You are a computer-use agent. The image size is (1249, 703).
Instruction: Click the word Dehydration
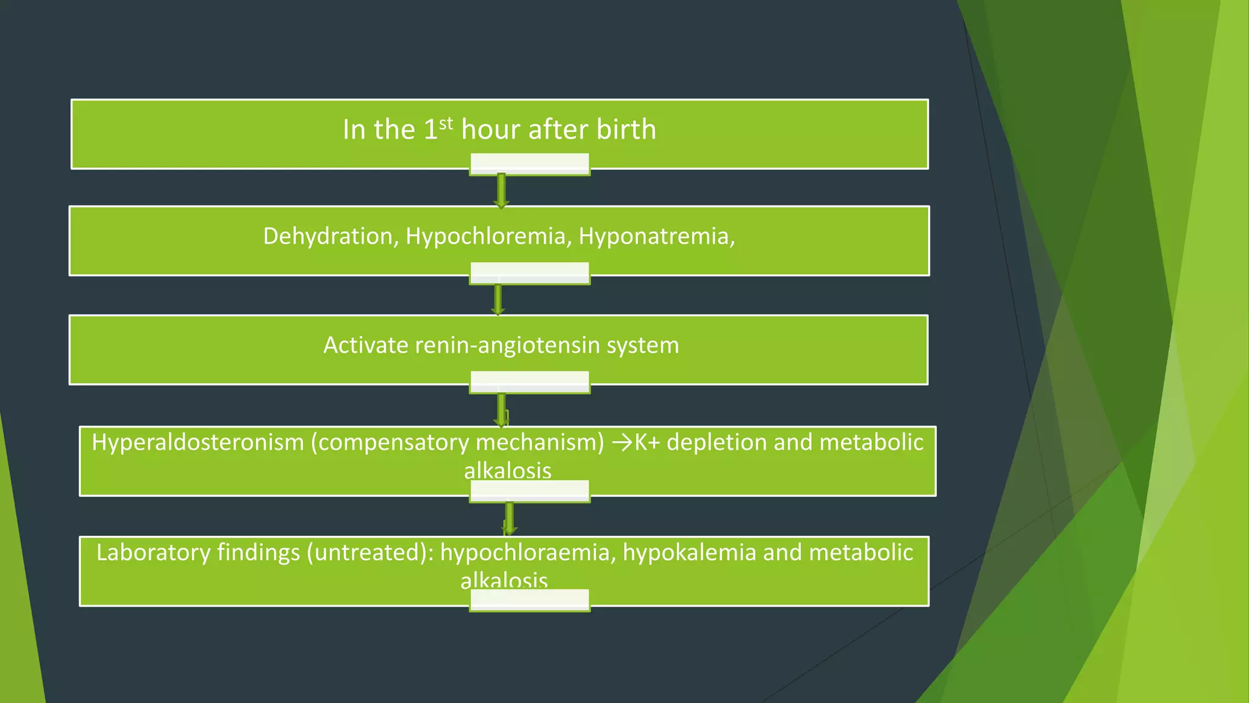330,236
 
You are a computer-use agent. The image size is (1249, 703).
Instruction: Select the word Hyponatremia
656,236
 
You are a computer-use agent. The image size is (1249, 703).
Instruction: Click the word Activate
365,345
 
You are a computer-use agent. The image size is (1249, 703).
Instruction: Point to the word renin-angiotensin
507,345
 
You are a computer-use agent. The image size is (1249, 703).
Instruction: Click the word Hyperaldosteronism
198,442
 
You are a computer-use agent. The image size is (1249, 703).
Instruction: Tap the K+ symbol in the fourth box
647,442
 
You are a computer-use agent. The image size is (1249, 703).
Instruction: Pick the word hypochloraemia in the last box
524,552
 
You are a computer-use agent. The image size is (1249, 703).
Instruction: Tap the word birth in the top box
626,129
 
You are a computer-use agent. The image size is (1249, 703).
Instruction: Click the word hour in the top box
492,129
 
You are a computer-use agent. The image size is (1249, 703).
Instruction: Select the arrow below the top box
501,191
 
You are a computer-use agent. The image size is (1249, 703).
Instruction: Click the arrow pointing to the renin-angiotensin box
498,300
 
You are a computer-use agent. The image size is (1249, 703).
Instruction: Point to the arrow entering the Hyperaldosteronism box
501,409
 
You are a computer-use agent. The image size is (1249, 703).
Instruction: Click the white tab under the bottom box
529,600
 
